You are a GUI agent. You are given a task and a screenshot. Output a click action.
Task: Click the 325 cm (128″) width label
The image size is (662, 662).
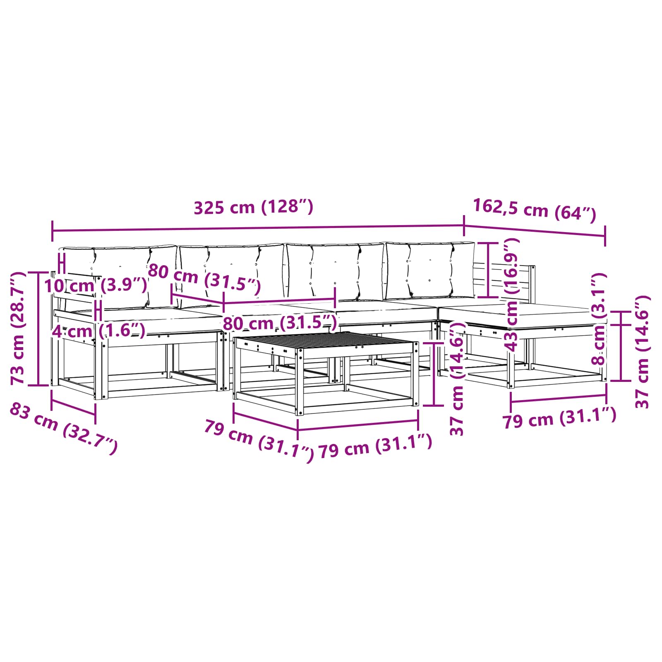253,207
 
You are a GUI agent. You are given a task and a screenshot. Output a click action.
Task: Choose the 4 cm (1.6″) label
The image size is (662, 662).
98,331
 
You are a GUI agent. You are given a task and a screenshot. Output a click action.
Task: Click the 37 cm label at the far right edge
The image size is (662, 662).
642,352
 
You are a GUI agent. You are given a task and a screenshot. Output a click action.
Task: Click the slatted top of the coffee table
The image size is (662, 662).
326,342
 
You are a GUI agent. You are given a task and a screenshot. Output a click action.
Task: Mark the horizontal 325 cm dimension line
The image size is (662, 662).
258,228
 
